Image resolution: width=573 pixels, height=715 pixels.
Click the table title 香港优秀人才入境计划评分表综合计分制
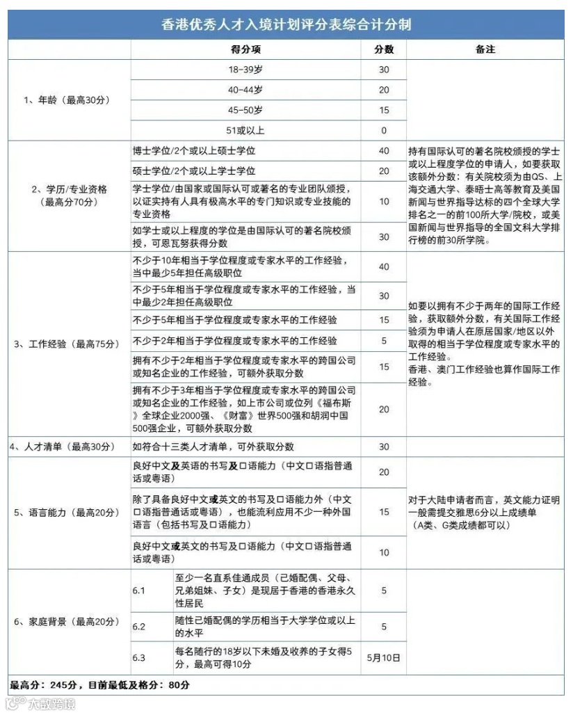286,25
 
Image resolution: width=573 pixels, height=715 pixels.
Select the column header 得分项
245,49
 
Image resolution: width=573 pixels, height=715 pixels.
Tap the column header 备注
485,49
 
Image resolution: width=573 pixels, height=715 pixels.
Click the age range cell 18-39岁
245,70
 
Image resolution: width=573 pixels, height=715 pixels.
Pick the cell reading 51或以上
245,130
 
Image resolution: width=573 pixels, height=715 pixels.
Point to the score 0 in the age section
384,130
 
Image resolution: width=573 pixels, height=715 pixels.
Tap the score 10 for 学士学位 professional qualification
384,201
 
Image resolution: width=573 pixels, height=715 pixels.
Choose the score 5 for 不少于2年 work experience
384,341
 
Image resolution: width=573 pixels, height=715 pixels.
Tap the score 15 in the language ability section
384,512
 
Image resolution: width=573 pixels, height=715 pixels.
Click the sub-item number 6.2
139,627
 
